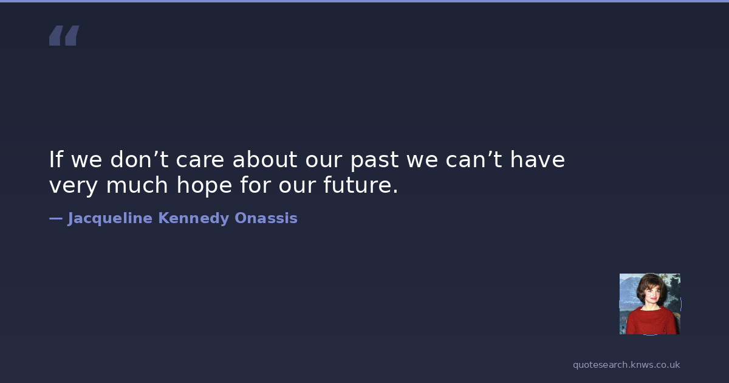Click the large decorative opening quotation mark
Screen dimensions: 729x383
tap(64, 35)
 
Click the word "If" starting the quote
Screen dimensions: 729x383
tap(56, 159)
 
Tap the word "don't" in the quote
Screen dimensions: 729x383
tap(139, 159)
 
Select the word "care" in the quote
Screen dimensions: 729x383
tap(200, 161)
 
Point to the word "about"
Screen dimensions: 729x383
tap(265, 159)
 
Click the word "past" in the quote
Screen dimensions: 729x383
tap(375, 161)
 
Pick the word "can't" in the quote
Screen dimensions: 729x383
tap(473, 159)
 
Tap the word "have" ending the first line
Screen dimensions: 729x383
tap(537, 159)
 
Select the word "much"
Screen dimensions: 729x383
tap(137, 185)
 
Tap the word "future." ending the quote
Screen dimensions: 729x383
tap(361, 185)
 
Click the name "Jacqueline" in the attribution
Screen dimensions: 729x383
tap(110, 218)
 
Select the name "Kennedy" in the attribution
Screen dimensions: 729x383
tap(194, 218)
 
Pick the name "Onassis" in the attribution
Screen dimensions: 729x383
tap(266, 218)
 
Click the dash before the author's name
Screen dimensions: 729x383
tap(56, 218)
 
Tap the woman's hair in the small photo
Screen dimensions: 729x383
tap(648, 283)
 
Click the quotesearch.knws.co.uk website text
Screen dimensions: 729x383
tap(626, 365)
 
